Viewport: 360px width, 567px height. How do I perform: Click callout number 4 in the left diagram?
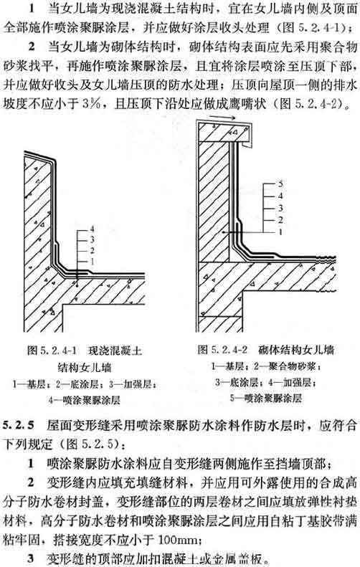click(x=92, y=229)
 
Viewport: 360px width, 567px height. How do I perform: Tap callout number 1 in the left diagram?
click(x=92, y=261)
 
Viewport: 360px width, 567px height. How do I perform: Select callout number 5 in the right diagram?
click(x=280, y=184)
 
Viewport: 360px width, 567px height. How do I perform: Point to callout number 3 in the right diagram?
click(x=280, y=208)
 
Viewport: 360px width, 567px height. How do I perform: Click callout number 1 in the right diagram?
click(x=280, y=232)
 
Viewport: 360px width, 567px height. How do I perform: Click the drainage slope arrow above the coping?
click(x=222, y=117)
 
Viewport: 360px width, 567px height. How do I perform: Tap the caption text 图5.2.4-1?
click(x=52, y=350)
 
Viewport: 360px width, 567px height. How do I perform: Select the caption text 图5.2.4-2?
click(x=222, y=349)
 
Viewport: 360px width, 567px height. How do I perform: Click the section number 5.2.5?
click(x=18, y=424)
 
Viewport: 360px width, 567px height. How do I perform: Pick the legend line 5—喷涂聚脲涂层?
click(x=266, y=398)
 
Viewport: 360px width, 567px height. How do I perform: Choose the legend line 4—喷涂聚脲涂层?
click(x=85, y=400)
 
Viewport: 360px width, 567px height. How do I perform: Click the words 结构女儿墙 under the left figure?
click(x=85, y=368)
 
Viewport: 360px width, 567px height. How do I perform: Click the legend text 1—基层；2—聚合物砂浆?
click(x=266, y=366)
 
